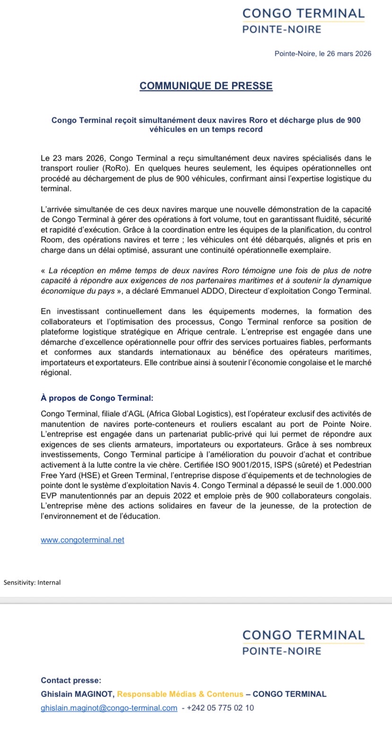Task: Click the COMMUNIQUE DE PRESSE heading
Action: (206, 86)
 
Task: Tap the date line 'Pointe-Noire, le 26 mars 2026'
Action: (323, 54)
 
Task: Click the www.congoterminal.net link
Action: (82, 540)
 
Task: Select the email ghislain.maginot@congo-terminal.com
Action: (109, 708)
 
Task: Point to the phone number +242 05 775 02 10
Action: (221, 708)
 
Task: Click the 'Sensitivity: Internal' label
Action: (32, 582)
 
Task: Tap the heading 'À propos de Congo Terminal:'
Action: (97, 398)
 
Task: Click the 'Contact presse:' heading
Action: (71, 680)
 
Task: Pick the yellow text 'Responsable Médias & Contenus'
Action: (180, 694)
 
